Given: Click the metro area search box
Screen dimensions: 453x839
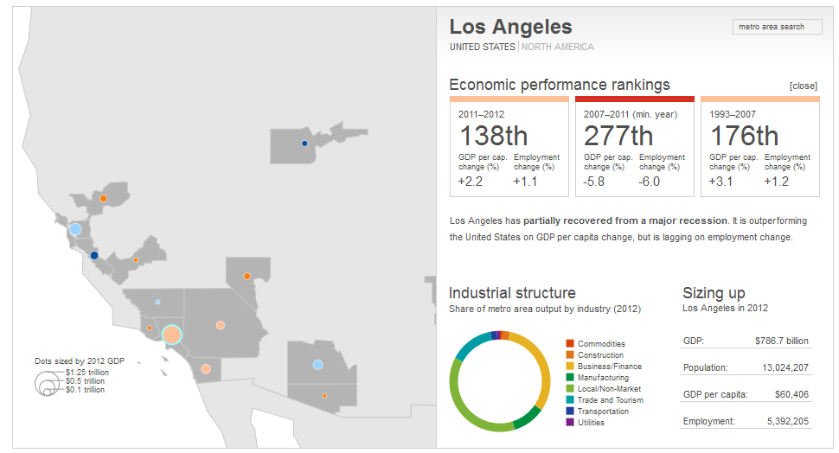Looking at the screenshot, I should click(x=778, y=27).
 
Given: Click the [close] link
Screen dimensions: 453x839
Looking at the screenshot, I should click(x=803, y=86).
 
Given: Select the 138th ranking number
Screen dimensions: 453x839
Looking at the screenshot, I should click(x=493, y=136).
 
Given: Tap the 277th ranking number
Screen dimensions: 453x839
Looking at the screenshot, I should click(x=618, y=136).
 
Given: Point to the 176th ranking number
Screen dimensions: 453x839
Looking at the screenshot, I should click(x=744, y=136).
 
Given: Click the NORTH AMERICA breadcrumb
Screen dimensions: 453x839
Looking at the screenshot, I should click(x=557, y=47).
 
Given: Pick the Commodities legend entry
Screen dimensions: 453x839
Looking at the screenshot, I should click(x=601, y=344).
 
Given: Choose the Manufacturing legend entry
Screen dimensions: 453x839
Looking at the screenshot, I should click(x=604, y=378).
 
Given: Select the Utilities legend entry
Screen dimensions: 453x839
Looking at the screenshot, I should click(x=591, y=423).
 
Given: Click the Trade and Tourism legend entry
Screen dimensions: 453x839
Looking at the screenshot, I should click(x=610, y=400).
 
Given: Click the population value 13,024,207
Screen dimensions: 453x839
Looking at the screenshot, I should click(x=786, y=367).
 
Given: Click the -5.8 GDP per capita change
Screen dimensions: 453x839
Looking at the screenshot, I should click(x=595, y=182).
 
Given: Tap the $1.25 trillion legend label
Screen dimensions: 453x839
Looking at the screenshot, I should click(x=87, y=373).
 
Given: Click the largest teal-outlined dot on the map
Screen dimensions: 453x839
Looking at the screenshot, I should click(x=171, y=335).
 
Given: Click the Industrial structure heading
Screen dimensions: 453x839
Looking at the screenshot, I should click(x=512, y=293).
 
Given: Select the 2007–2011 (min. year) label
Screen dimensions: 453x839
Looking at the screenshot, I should click(x=631, y=113).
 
